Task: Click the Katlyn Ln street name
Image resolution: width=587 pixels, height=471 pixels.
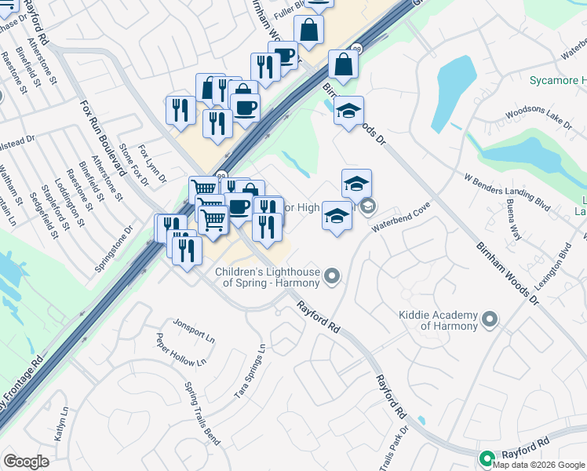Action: pos(59,422)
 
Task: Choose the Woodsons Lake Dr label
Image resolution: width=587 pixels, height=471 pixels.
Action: pos(539,116)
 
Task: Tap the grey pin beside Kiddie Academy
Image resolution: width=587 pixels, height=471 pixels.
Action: pos(490,319)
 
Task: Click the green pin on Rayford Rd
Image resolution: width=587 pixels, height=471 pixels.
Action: pos(487,458)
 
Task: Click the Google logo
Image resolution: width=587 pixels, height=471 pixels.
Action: pos(27,462)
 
